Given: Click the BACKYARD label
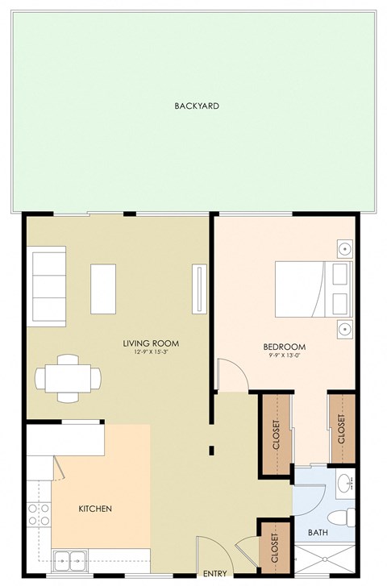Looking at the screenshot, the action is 197,106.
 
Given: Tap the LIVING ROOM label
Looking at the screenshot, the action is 151,343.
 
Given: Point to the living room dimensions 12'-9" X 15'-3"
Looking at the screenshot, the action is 152,352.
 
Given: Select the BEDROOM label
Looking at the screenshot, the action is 284,347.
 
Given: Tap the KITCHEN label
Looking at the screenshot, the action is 95,509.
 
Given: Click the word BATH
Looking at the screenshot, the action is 318,532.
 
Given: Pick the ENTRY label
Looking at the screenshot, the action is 214,574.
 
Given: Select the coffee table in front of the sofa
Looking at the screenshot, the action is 103,289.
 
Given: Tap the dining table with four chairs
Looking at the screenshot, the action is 68,378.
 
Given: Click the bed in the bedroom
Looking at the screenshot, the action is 314,289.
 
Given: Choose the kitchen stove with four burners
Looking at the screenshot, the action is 40,514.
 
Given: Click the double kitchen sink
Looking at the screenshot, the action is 70,560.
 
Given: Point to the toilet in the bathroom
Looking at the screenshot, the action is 342,518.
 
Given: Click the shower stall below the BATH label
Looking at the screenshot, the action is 325,559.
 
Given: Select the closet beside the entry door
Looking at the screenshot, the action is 275,548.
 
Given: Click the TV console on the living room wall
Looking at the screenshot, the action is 199,289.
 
